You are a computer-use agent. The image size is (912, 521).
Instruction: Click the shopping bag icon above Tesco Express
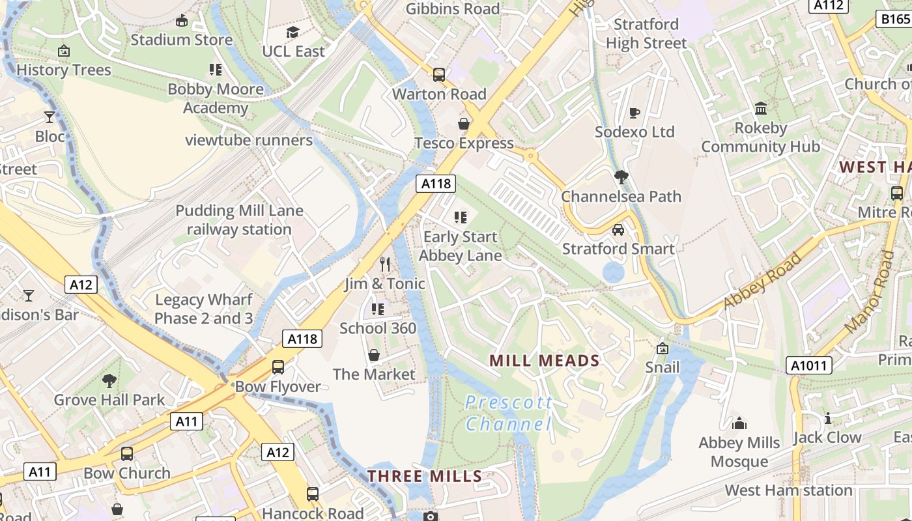pyautogui.click(x=464, y=124)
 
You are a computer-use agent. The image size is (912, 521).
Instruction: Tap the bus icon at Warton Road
pyautogui.click(x=439, y=75)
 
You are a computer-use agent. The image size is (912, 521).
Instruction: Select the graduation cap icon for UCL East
pyautogui.click(x=292, y=32)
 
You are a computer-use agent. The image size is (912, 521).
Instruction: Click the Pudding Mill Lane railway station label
pyautogui.click(x=239, y=220)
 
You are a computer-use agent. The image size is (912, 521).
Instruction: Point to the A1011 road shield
pyautogui.click(x=808, y=366)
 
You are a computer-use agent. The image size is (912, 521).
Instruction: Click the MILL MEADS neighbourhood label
pyautogui.click(x=544, y=361)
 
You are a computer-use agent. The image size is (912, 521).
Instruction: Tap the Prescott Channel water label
pyautogui.click(x=508, y=414)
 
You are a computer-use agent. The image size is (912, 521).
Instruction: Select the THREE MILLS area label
pyautogui.click(x=425, y=476)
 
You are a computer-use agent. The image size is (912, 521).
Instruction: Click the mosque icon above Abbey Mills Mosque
pyautogui.click(x=739, y=424)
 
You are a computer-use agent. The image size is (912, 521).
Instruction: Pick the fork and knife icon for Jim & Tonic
pyautogui.click(x=385, y=264)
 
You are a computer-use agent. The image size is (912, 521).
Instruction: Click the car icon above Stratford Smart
pyautogui.click(x=618, y=230)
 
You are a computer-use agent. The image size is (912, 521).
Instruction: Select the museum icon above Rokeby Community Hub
pyautogui.click(x=761, y=108)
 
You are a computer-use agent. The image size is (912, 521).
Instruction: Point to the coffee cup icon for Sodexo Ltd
pyautogui.click(x=634, y=113)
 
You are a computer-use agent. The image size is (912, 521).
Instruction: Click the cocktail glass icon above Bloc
pyautogui.click(x=50, y=117)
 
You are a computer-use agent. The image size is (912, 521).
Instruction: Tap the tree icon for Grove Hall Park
pyautogui.click(x=109, y=381)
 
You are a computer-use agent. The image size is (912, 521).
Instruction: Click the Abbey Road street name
pyautogui.click(x=762, y=280)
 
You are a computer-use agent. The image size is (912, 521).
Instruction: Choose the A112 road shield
pyautogui.click(x=829, y=5)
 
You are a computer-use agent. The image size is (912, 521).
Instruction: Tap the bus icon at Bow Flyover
pyautogui.click(x=278, y=367)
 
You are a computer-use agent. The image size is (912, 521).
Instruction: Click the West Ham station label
pyautogui.click(x=788, y=490)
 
